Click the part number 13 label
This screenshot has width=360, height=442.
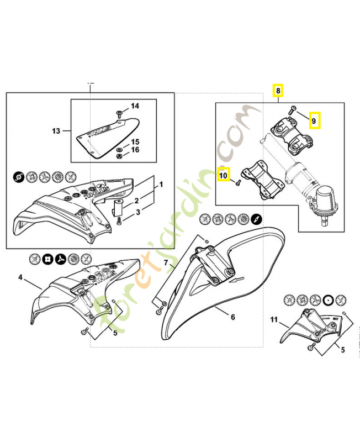point(56,131)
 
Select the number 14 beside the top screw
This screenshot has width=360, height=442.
point(135,106)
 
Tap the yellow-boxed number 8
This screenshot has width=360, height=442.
point(279,90)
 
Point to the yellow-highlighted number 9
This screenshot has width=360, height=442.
point(314,120)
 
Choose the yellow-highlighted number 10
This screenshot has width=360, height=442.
point(223,176)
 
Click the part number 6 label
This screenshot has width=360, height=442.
point(232,317)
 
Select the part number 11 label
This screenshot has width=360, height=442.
point(274,320)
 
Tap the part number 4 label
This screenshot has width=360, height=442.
point(20,277)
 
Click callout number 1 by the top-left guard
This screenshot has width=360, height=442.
point(161,183)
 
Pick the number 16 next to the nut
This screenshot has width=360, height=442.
point(135,150)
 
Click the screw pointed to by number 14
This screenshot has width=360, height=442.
point(120,114)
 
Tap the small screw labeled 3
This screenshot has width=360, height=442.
point(120,222)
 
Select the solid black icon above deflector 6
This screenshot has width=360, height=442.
point(256,218)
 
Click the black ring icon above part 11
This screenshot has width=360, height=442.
point(330,299)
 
